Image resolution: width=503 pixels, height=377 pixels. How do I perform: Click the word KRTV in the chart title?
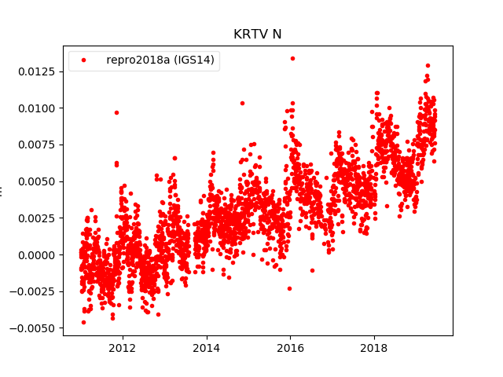tap(247, 35)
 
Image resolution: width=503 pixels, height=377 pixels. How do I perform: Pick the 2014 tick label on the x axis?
tap(206, 348)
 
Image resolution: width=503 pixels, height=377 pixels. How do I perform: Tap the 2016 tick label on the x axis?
tap(290, 348)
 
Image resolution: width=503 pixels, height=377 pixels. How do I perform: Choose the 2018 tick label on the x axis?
tap(374, 348)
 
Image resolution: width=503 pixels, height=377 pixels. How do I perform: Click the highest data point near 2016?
tap(292, 58)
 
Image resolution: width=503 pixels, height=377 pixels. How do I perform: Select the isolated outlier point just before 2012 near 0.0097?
tap(116, 112)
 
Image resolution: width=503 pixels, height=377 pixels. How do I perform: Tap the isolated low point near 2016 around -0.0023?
tap(289, 288)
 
